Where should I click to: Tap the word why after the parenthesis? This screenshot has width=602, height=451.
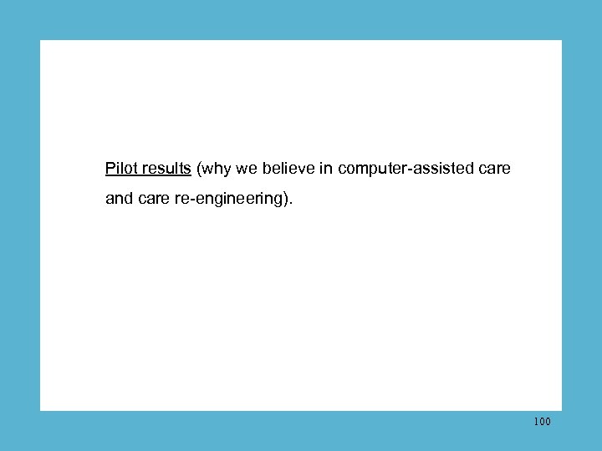pos(214,170)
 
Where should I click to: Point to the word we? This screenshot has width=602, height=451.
pos(245,170)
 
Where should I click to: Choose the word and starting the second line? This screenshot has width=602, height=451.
pos(119,200)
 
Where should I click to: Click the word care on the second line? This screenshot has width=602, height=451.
pos(150,200)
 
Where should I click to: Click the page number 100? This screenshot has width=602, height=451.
pos(541,422)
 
